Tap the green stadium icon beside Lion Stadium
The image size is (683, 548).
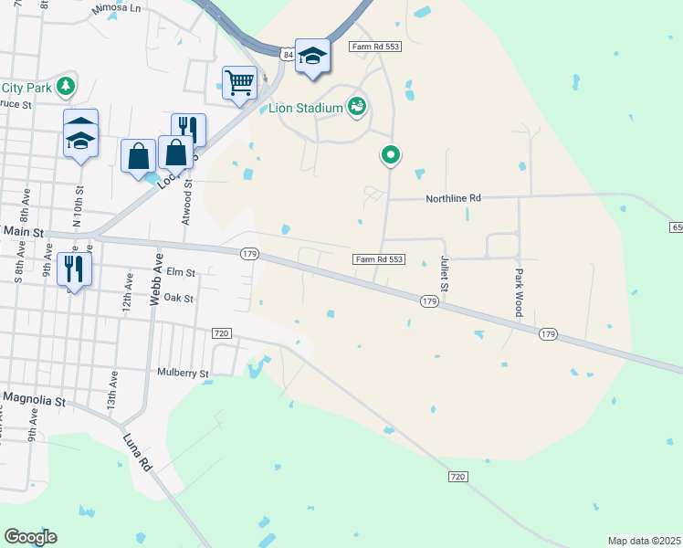[x=357, y=108]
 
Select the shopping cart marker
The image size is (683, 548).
[x=239, y=83]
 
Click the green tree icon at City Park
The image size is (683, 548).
[x=65, y=87]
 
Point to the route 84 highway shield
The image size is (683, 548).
[x=289, y=55]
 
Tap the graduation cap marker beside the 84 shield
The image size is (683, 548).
[x=312, y=58]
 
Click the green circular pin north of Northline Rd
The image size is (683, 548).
[x=391, y=156]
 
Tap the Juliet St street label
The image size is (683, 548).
[x=444, y=274]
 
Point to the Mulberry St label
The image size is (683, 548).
[x=183, y=374]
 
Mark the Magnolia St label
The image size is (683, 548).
[x=35, y=400]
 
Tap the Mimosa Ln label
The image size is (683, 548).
[x=118, y=8]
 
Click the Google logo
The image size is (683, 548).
[x=30, y=537]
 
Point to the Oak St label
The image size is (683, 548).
[x=178, y=298]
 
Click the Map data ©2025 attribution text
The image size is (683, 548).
[x=644, y=541]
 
